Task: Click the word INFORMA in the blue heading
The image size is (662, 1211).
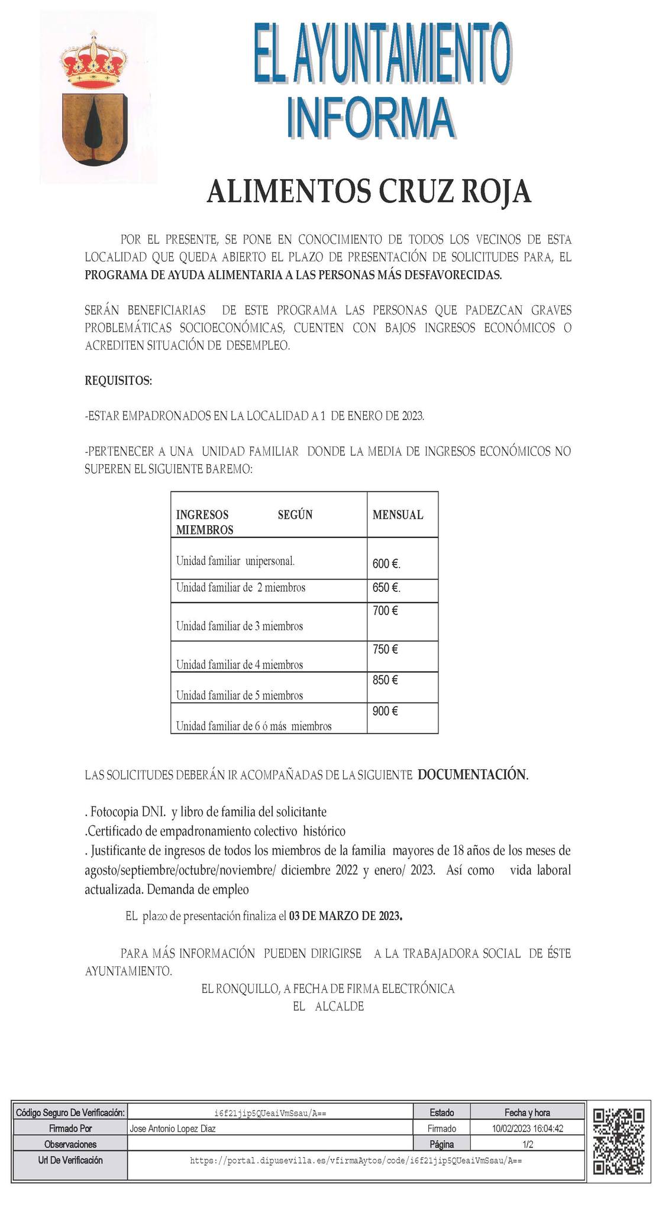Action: [x=371, y=118]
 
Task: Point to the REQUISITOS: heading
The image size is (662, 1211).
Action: [x=118, y=381]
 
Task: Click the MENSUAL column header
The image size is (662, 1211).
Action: [x=398, y=515]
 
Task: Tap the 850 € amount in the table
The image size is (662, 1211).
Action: [x=385, y=680]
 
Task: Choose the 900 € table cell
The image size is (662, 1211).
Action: [x=385, y=711]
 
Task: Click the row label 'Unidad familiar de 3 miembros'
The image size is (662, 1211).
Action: [x=240, y=626]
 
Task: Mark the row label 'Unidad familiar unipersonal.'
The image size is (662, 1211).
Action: [x=235, y=561]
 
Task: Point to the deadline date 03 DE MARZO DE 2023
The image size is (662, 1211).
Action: [x=346, y=917]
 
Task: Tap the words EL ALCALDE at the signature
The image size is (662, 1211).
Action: [x=328, y=1006]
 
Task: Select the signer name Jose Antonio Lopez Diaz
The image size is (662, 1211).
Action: [x=173, y=1128]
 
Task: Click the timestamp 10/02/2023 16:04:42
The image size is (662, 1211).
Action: [x=527, y=1128]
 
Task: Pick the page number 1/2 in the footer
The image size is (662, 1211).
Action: [x=528, y=1144]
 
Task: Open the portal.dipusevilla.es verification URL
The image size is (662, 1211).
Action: [x=356, y=1161]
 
